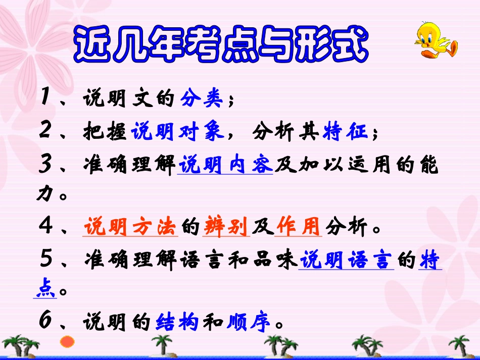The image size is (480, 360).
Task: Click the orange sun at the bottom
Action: pyautogui.click(x=67, y=342)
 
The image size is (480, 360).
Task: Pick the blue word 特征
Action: pyautogui.click(x=346, y=132)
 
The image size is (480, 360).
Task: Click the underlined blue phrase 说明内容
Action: pyautogui.click(x=225, y=165)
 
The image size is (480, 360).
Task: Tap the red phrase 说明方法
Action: pyautogui.click(x=130, y=227)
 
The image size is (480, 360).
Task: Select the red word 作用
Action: pyautogui.click(x=298, y=227)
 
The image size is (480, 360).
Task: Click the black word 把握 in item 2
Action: pyautogui.click(x=105, y=132)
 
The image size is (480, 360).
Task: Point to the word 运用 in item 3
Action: pyautogui.click(x=370, y=165)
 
